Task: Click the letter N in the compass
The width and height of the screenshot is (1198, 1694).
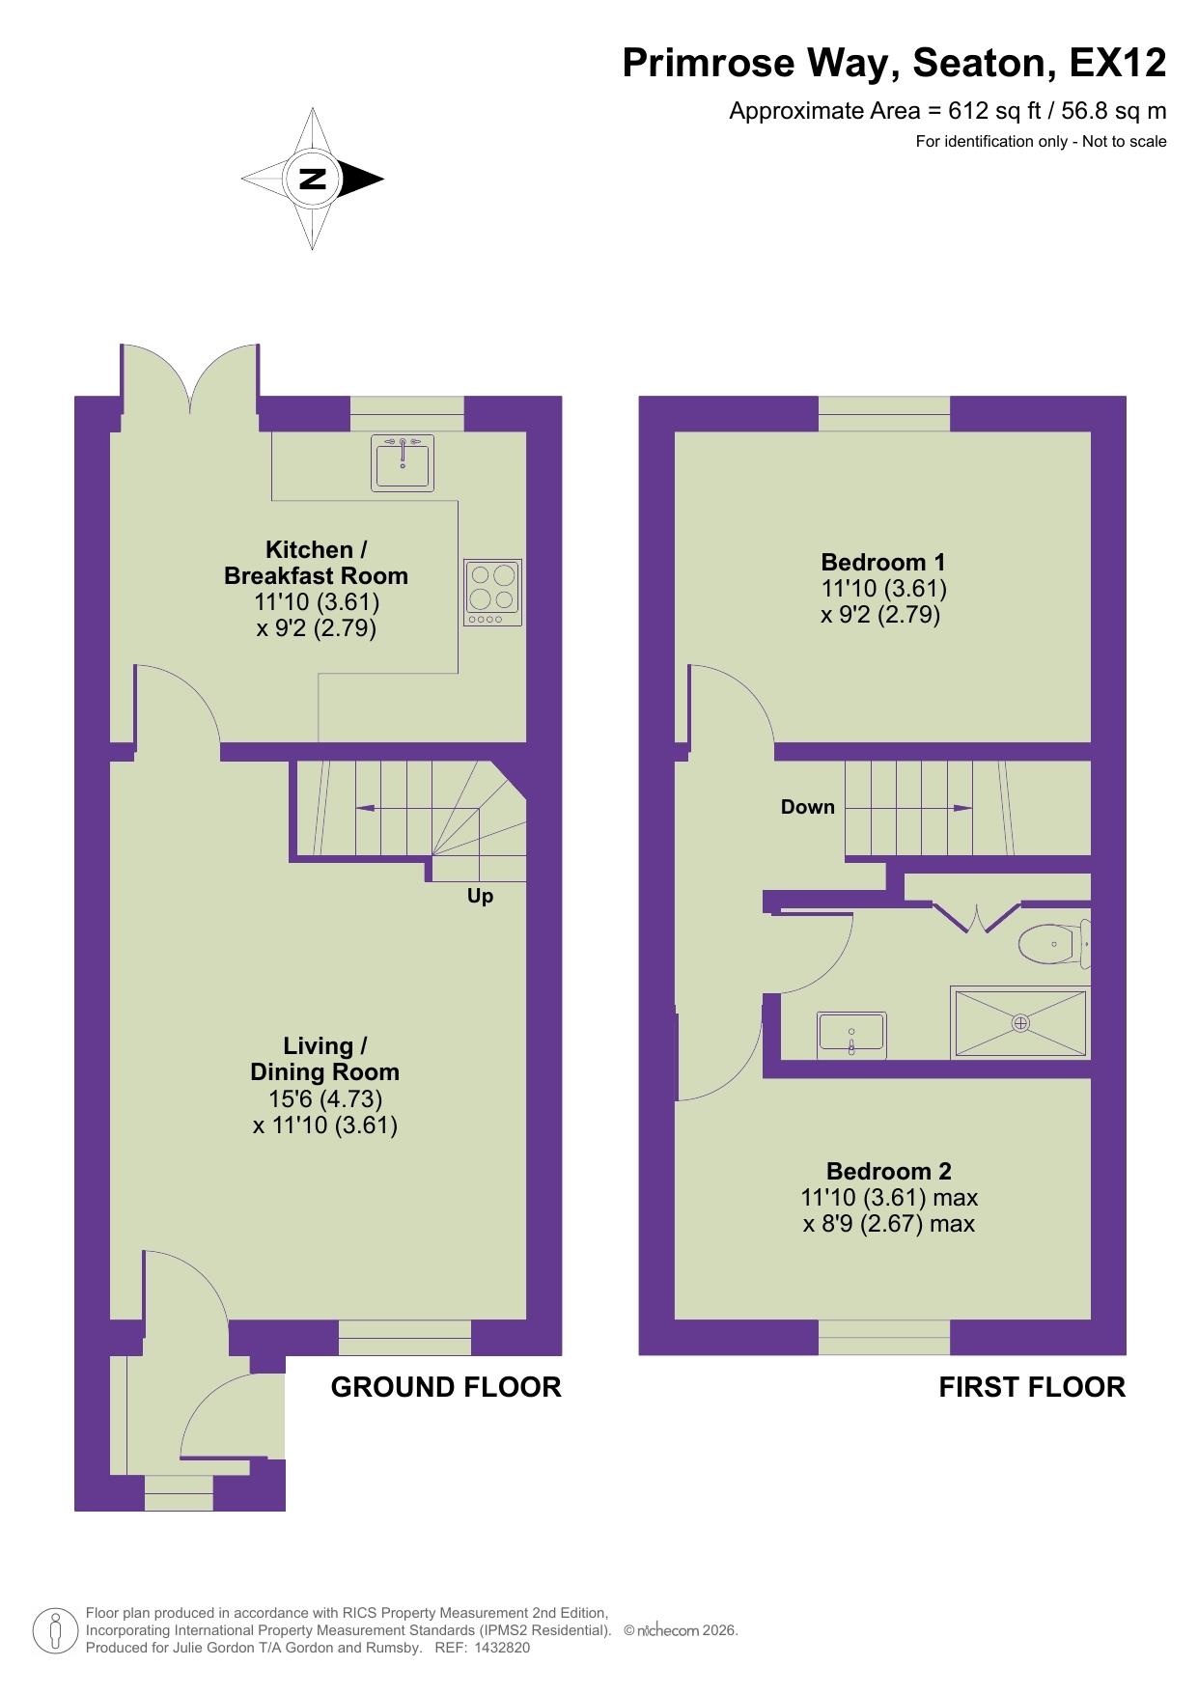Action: (312, 179)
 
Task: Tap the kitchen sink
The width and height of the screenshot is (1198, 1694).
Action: (402, 461)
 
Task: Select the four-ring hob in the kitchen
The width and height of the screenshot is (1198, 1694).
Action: (492, 592)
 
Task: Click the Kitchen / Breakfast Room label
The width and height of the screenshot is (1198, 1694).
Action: (316, 563)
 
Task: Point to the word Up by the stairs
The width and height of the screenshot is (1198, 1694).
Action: (480, 897)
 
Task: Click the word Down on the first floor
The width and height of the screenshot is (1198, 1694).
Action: (807, 807)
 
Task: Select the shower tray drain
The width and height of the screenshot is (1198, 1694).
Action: (1020, 1022)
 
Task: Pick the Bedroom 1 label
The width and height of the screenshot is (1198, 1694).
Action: (882, 562)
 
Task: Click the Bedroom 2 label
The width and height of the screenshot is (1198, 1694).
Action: (888, 1171)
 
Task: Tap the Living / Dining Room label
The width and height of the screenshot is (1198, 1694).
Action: (324, 1059)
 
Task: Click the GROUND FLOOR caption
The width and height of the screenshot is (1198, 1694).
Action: (445, 1387)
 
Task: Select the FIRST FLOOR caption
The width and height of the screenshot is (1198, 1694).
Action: (1031, 1387)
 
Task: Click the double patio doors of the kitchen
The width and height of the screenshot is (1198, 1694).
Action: (191, 381)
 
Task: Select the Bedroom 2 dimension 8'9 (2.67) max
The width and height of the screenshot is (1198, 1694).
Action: (888, 1224)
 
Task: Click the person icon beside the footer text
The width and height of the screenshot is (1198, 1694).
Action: (55, 1630)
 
